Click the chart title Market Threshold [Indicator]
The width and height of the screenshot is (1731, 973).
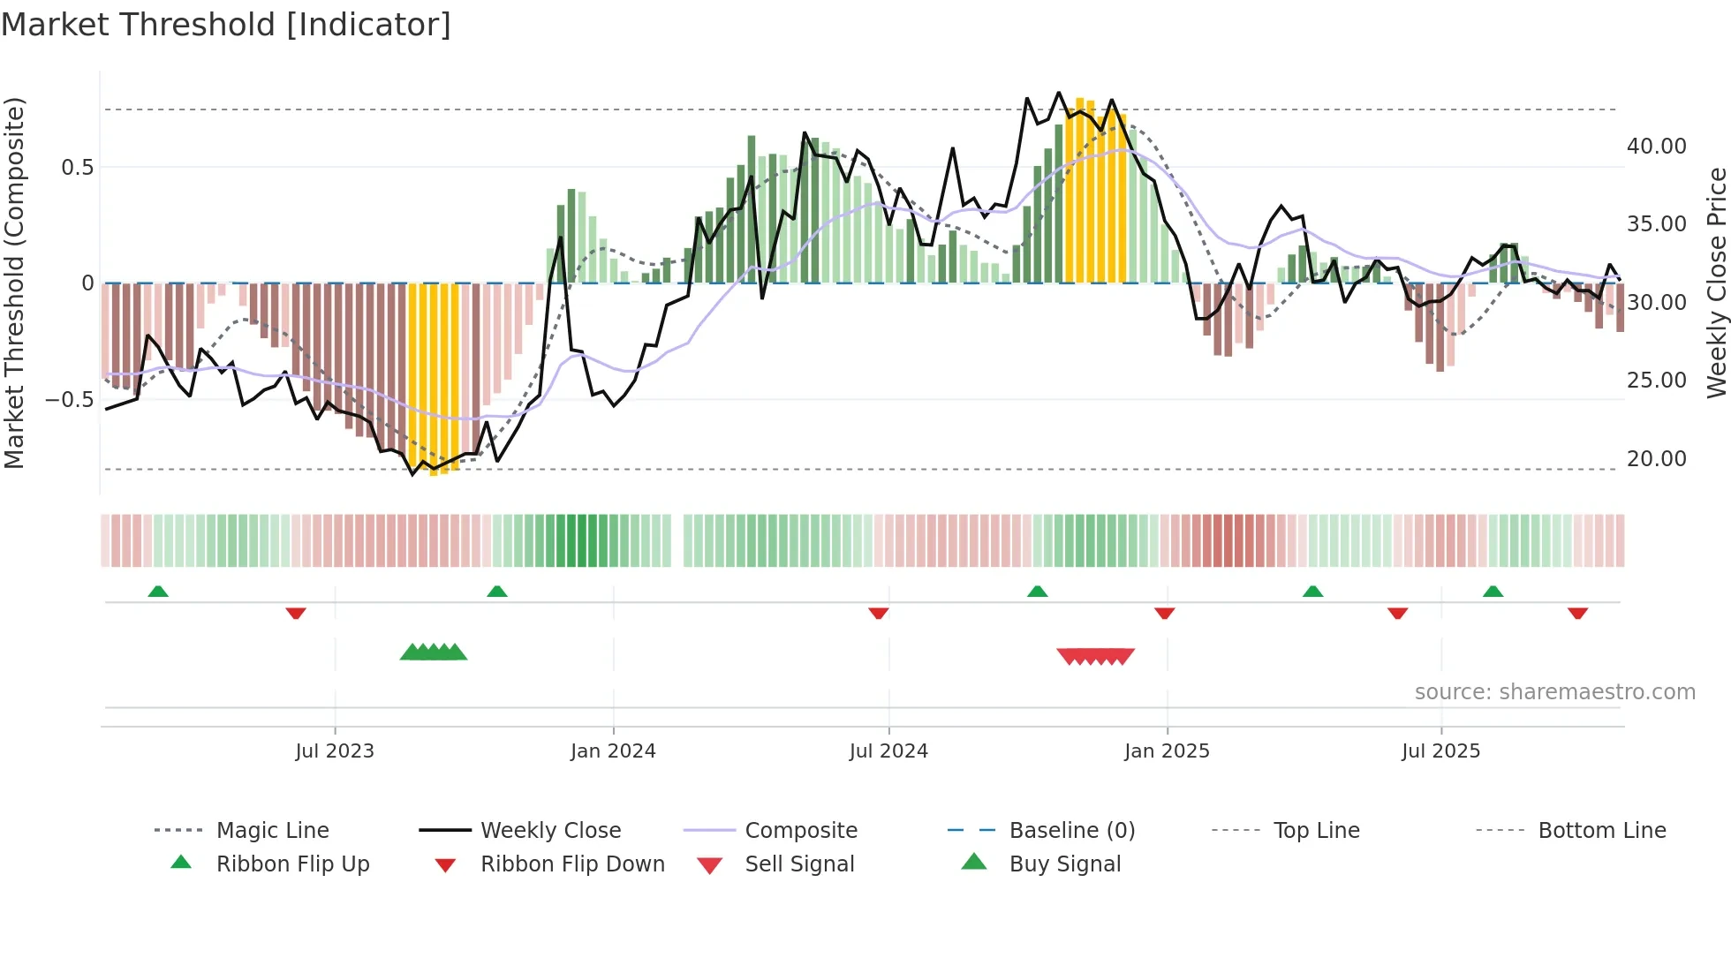point(226,25)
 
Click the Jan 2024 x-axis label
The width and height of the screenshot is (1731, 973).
point(613,750)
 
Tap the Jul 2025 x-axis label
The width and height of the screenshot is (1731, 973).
point(1440,750)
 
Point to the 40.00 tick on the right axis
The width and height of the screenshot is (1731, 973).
point(1656,146)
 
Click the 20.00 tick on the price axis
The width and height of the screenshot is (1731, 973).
point(1656,458)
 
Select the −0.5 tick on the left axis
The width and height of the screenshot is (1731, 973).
point(69,399)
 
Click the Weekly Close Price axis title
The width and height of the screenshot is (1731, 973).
point(1716,283)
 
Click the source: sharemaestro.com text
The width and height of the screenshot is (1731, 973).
point(1554,691)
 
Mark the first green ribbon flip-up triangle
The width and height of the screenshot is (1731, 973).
point(158,592)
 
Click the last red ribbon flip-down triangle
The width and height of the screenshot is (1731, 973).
point(1577,613)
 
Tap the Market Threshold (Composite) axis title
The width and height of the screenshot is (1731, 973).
point(14,283)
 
